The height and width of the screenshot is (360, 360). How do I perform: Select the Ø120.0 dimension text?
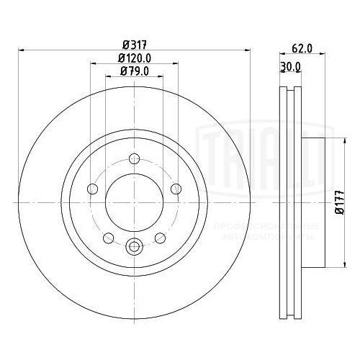(134, 58)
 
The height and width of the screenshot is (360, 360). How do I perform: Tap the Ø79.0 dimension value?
(134, 71)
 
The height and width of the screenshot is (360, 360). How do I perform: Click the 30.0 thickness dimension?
(289, 67)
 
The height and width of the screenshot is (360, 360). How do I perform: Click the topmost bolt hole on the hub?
(134, 160)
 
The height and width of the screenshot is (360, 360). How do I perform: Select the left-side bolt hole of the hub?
(92, 189)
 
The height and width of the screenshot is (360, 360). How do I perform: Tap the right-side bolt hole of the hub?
(176, 189)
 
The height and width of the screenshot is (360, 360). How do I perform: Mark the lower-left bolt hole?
(108, 238)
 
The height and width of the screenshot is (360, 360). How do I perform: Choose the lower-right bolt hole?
(161, 238)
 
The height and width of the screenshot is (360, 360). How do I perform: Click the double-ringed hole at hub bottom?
(134, 247)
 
